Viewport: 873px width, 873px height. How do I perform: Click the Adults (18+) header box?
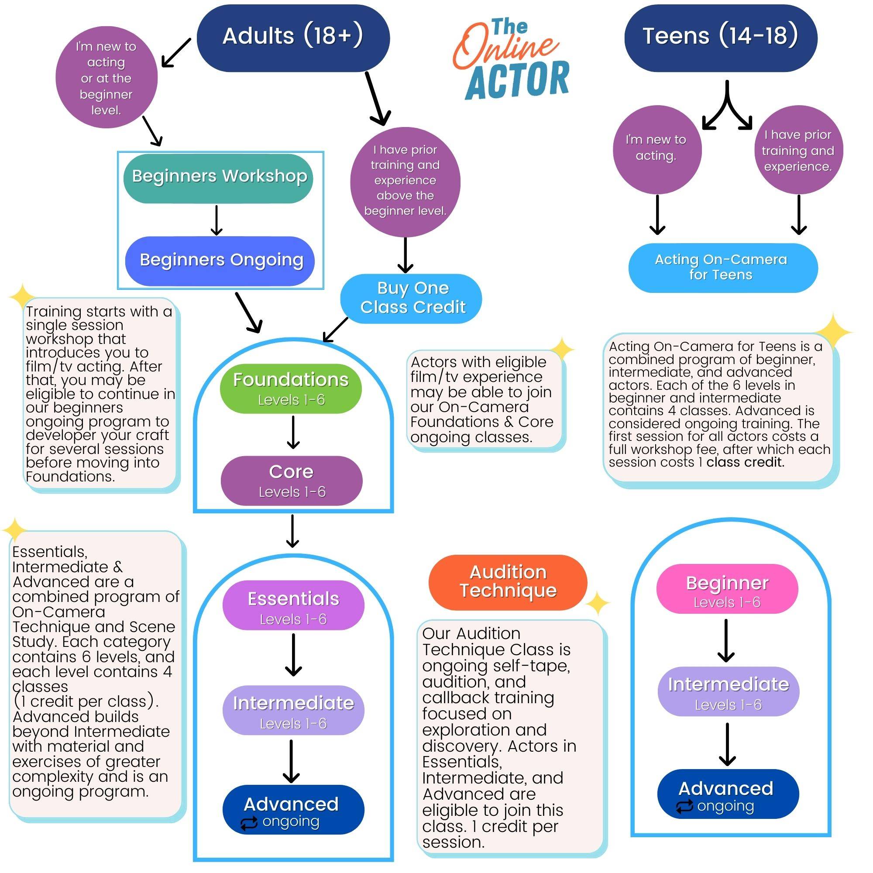click(293, 38)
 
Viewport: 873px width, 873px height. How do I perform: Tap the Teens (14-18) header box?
click(720, 38)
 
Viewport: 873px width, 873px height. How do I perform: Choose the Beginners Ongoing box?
click(220, 261)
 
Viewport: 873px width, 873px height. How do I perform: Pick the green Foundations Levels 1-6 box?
click(291, 388)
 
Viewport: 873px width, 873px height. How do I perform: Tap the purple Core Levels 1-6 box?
click(292, 480)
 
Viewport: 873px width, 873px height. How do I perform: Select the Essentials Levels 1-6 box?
click(293, 605)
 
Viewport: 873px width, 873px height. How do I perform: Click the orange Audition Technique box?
click(508, 582)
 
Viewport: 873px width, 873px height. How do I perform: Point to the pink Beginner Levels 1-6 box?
click(727, 589)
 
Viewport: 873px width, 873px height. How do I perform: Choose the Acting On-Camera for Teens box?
click(722, 268)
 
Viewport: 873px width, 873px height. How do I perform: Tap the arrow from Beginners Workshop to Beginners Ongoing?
click(217, 220)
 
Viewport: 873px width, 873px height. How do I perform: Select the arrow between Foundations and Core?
click(293, 432)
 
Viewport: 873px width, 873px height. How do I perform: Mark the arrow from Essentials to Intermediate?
click(293, 655)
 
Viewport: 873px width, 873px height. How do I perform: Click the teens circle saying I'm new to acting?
click(656, 150)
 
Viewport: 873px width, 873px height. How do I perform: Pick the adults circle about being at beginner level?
click(106, 78)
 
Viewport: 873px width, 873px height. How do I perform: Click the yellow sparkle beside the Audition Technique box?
click(598, 603)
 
